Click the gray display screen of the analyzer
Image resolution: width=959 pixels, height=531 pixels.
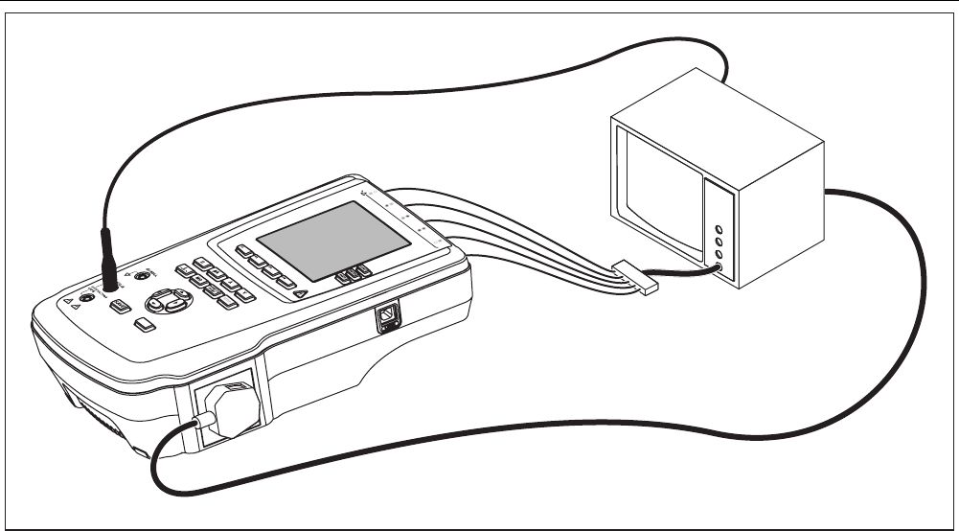(320, 241)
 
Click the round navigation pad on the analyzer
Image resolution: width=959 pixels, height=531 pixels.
(169, 301)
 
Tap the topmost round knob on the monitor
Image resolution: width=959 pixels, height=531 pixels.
(719, 229)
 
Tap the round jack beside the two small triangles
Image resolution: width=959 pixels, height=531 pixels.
(87, 298)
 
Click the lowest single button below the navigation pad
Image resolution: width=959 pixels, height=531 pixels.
(145, 325)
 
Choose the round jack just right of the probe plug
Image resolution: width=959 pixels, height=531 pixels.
(143, 276)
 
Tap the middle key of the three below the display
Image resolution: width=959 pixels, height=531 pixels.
(353, 273)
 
